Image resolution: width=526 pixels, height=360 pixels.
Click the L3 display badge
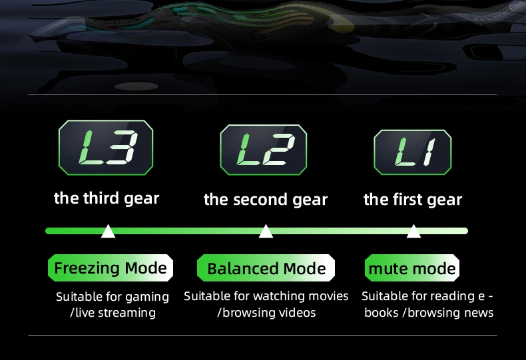point(106,148)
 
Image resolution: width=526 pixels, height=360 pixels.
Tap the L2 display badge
point(264,150)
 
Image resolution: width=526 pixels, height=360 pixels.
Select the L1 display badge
point(412,152)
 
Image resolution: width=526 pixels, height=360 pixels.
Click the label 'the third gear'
point(107,198)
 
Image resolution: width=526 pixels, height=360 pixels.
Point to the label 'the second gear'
point(266,200)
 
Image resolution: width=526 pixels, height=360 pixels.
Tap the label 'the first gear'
point(413,200)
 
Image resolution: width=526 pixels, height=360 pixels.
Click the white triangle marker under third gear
point(108,232)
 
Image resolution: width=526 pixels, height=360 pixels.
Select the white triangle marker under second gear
point(266,232)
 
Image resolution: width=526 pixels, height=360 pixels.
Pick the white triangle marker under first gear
point(413,232)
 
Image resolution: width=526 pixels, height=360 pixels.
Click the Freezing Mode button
point(111,268)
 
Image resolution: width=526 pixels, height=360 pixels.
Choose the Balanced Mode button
point(266,269)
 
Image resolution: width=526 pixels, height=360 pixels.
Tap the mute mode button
point(412,269)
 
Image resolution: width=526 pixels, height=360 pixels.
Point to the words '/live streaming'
point(113,312)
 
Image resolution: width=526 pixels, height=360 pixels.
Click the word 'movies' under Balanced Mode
point(328,295)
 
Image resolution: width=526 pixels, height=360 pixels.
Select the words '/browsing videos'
point(266,312)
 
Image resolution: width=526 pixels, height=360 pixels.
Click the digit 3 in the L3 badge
point(121,148)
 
